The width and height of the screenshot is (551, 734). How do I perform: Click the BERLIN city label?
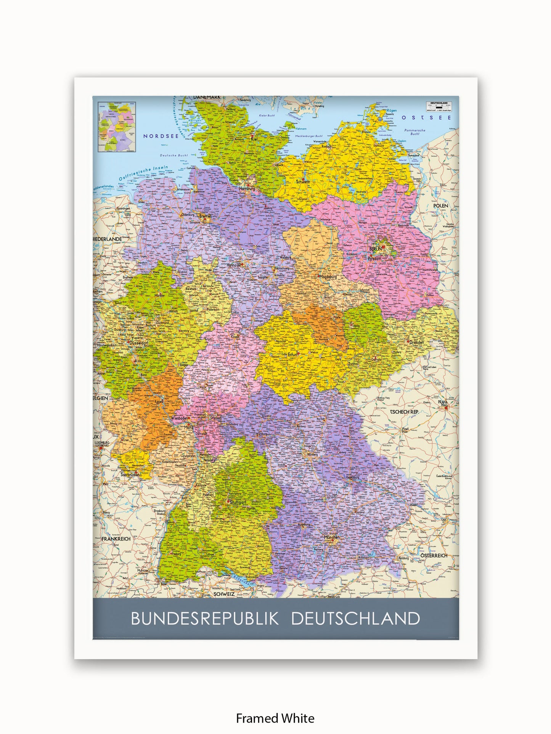coord(375,249)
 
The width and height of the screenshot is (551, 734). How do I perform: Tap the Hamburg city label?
coord(247,188)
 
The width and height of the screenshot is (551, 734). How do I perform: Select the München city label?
coord(331,537)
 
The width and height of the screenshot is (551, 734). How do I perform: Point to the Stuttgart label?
coord(238,502)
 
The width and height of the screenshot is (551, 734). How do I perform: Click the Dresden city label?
coord(416,342)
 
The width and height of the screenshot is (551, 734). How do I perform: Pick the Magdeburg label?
coord(328,277)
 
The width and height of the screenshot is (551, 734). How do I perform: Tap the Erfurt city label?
coord(292,354)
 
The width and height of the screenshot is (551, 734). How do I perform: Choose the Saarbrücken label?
coord(130,475)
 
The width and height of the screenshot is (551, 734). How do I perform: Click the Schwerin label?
coord(303,182)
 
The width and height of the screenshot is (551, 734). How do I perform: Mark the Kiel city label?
coord(254,139)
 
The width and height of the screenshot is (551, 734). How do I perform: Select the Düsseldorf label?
coord(139,343)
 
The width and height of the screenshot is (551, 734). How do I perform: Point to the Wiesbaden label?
coord(179,418)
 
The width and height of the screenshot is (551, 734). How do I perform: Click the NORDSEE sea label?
coord(161,136)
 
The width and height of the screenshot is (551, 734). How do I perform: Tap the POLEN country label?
coord(441,206)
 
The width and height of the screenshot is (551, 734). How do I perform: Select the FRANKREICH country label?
coord(116,539)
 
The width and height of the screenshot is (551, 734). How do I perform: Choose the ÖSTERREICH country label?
coord(434,556)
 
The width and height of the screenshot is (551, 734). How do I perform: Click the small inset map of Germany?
coord(117,127)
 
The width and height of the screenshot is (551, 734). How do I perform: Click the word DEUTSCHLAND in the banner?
coord(355,618)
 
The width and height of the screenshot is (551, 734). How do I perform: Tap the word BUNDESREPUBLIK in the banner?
coord(205,618)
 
